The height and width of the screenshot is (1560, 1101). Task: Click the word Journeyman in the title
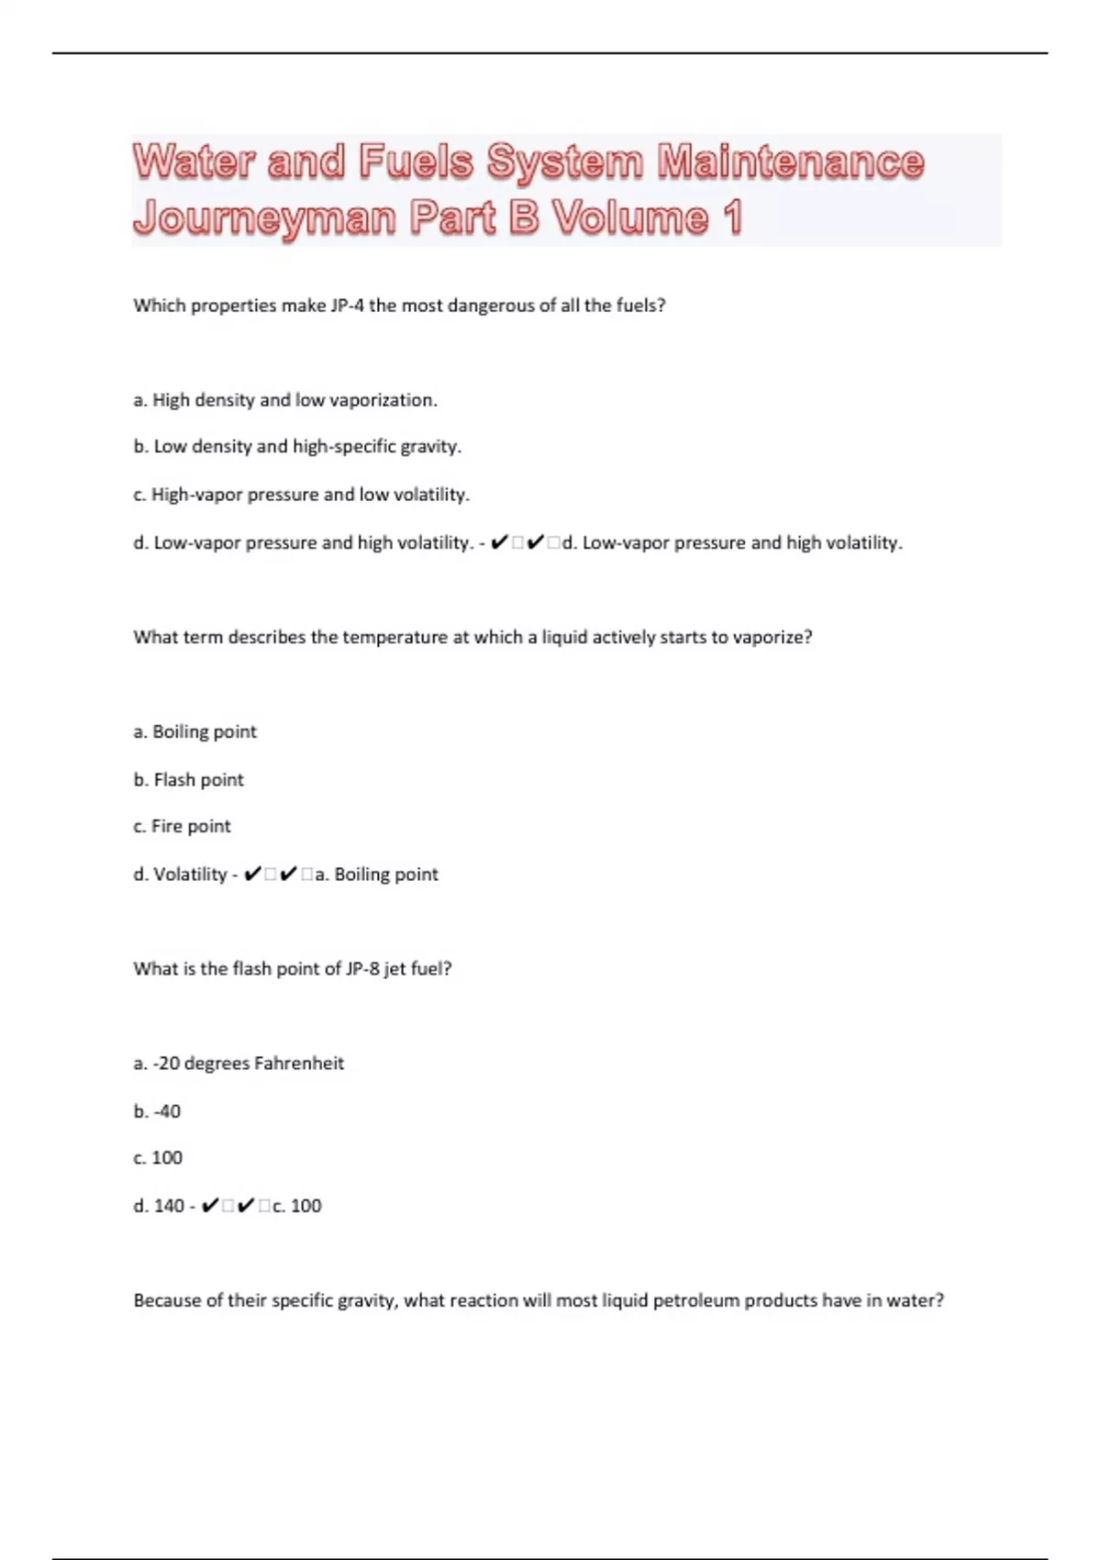[263, 218]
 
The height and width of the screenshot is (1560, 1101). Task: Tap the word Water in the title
[193, 162]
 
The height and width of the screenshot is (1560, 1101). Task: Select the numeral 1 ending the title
[731, 218]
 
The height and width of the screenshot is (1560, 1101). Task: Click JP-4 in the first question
[347, 306]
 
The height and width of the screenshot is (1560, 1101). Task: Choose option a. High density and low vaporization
[285, 400]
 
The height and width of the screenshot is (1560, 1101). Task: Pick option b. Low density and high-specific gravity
[297, 447]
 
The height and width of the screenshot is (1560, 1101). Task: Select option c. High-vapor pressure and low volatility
[301, 495]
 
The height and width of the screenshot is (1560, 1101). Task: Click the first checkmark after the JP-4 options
[499, 543]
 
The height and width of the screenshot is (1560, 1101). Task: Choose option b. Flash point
[189, 780]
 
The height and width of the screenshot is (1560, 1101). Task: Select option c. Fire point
[182, 827]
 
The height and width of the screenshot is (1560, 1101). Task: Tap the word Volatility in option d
[190, 875]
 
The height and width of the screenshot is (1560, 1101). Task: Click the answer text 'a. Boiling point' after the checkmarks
[376, 875]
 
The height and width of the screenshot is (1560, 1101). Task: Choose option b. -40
[157, 1111]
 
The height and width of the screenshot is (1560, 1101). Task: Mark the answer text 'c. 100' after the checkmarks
[296, 1206]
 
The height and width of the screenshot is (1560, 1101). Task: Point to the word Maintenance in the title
[790, 162]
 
